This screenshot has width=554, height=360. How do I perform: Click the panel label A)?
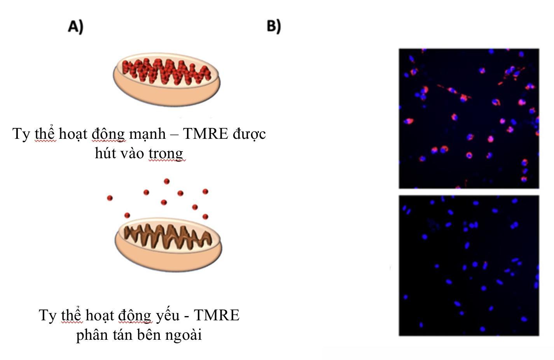tap(75, 26)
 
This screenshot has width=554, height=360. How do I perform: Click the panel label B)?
tap(274, 26)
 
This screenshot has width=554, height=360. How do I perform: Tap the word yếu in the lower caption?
tap(168, 315)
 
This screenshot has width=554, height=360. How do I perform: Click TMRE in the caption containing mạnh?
tap(205, 134)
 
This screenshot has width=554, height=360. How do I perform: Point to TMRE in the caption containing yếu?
tap(217, 315)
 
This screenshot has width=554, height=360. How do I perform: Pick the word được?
tap(249, 134)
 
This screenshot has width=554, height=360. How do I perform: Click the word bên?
tap(149, 335)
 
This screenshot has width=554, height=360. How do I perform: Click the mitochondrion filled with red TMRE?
tap(166, 79)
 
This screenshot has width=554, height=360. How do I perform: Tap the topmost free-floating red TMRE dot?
tap(167, 181)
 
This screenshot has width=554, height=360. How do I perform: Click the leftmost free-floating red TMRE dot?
tap(110, 198)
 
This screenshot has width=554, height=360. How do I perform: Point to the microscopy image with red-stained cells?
tap(469, 118)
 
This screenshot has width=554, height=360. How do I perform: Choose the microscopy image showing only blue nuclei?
tap(469, 265)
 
